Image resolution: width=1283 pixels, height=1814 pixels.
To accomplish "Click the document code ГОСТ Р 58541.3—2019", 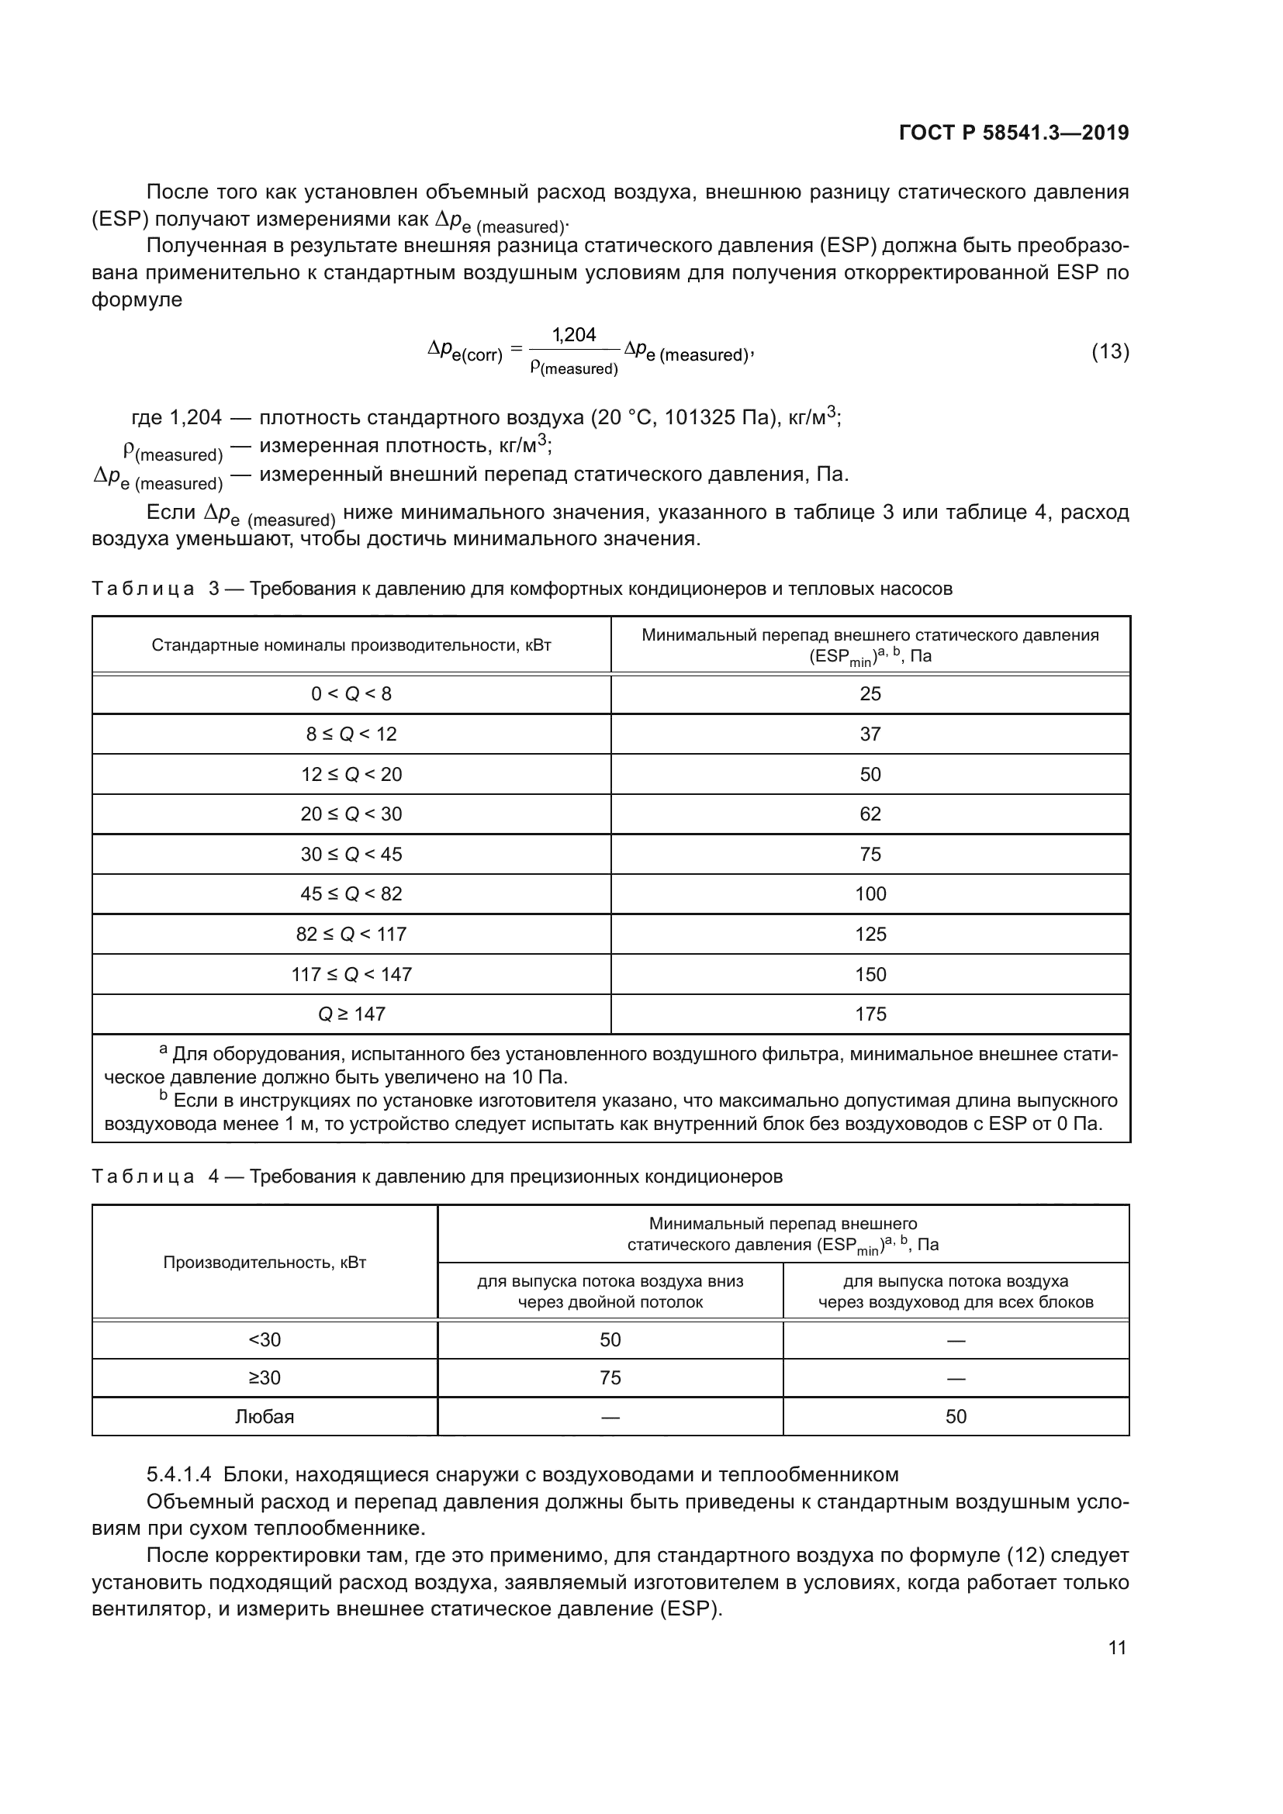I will tap(1014, 133).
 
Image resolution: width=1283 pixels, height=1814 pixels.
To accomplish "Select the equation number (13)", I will tap(1109, 351).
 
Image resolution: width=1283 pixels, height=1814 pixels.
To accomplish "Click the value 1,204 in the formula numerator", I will tap(573, 335).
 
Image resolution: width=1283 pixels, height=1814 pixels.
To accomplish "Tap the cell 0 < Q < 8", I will tap(351, 693).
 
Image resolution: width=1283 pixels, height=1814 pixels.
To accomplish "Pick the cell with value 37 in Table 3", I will tap(870, 734).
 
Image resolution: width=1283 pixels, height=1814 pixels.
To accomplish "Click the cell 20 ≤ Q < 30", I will tap(351, 814).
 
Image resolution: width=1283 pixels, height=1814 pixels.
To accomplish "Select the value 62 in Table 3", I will tap(870, 814).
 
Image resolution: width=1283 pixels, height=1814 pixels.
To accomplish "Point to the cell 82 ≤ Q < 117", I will tap(351, 934).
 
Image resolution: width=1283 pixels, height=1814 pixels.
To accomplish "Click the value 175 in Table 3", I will tap(870, 1014).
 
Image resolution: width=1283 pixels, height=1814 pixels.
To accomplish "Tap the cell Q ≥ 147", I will tap(351, 1014).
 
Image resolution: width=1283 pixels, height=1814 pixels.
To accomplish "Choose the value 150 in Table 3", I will tap(870, 974).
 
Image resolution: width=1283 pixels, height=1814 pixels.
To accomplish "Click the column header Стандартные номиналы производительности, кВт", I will tap(351, 645).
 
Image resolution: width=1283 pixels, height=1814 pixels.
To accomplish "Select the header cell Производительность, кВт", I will tap(265, 1263).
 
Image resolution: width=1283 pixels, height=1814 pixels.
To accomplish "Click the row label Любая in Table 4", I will tap(265, 1417).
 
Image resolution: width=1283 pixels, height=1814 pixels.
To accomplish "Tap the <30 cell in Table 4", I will tap(265, 1340).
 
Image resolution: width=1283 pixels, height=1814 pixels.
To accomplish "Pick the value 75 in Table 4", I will tap(610, 1378).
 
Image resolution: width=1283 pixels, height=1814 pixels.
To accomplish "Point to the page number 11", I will tap(1117, 1648).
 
